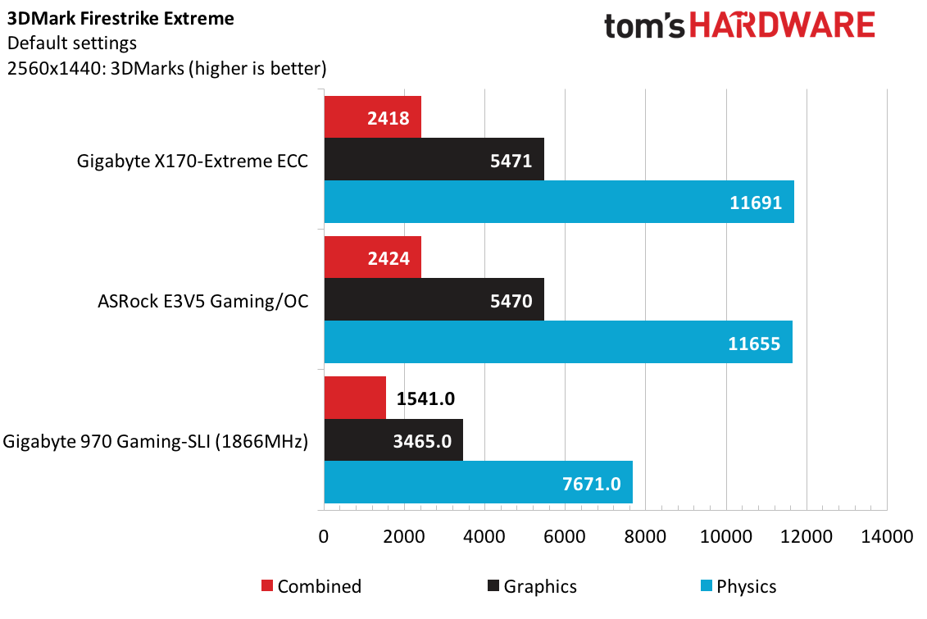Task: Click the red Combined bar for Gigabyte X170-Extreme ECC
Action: (372, 117)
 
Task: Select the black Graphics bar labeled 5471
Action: (434, 159)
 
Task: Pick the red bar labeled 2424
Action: (372, 257)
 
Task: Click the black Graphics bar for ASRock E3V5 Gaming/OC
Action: (434, 300)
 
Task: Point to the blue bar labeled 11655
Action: (558, 342)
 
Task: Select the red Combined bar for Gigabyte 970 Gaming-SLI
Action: (355, 398)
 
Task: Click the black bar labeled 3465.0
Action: (393, 440)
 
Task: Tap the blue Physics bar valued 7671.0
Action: (478, 483)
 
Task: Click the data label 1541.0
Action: (425, 398)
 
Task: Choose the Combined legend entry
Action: (311, 586)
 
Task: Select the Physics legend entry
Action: (737, 586)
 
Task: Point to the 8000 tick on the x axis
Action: (646, 537)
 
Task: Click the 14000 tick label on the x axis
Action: (887, 537)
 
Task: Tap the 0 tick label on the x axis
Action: (324, 537)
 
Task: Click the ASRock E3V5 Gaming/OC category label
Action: (202, 301)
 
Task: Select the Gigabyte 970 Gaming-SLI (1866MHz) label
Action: (156, 442)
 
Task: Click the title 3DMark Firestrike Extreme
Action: (120, 18)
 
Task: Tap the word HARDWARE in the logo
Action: (782, 26)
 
